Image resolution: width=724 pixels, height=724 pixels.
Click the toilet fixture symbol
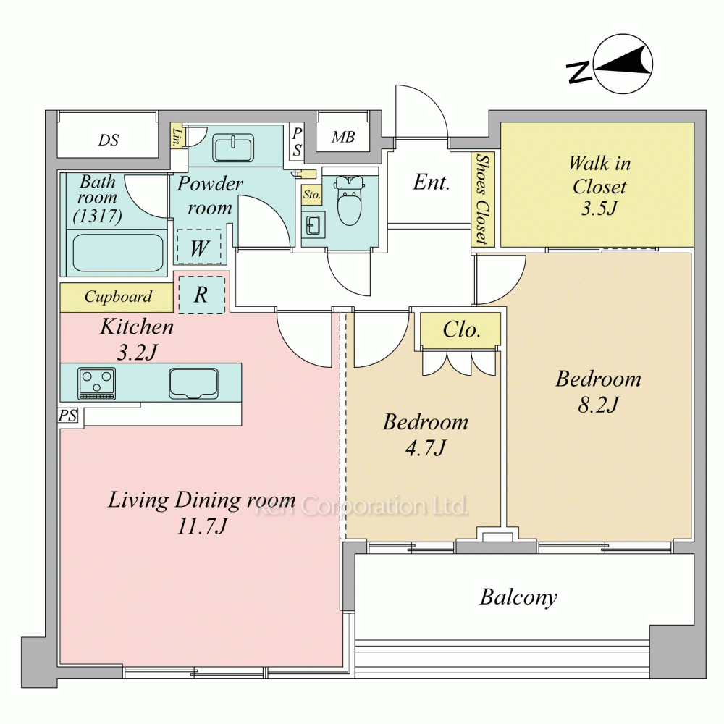350,200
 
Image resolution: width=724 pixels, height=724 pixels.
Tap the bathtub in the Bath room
118,253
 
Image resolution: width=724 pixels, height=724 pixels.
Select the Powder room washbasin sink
233,148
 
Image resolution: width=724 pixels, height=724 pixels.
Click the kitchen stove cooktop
96,383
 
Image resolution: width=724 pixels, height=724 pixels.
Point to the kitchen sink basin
193,383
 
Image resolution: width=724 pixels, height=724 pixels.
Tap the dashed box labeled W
199,247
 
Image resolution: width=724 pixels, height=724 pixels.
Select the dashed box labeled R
202,295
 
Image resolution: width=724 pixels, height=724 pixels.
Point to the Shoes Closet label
482,199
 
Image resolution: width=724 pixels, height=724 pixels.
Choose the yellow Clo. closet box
460,330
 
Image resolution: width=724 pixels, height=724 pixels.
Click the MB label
343,137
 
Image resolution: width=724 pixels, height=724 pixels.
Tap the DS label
109,140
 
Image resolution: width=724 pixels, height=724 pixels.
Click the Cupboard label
118,296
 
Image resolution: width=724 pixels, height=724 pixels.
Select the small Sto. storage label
311,194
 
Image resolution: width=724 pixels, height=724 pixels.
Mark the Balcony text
518,597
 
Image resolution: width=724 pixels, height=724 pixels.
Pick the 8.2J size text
598,405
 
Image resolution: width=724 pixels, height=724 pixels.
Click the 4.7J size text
425,447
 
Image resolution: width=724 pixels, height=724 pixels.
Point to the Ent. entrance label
432,182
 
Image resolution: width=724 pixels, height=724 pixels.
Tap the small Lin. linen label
177,136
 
